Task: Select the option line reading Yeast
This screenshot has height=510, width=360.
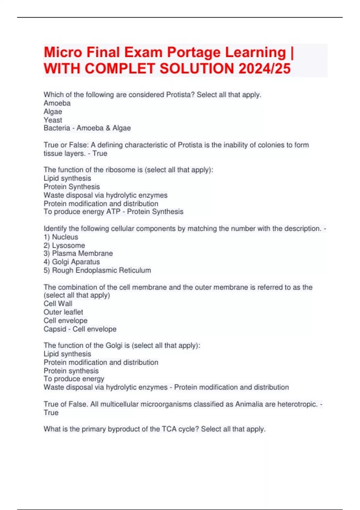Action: coord(53,120)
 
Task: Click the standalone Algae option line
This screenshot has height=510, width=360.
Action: coord(53,112)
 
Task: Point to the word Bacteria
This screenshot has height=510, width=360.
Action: coord(57,128)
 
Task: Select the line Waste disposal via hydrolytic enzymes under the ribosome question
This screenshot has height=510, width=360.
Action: coord(106,195)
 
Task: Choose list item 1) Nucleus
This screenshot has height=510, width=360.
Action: coord(61,237)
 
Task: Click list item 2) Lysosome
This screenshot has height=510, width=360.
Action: coord(64,245)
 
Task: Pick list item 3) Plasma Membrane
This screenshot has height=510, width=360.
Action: coord(78,253)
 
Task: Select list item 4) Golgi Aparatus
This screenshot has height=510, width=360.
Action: coord(72,262)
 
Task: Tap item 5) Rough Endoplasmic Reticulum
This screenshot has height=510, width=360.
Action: coord(97,270)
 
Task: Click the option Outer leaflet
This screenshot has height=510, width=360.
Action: coord(63,312)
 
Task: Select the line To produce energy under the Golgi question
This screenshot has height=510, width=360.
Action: coord(74,379)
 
